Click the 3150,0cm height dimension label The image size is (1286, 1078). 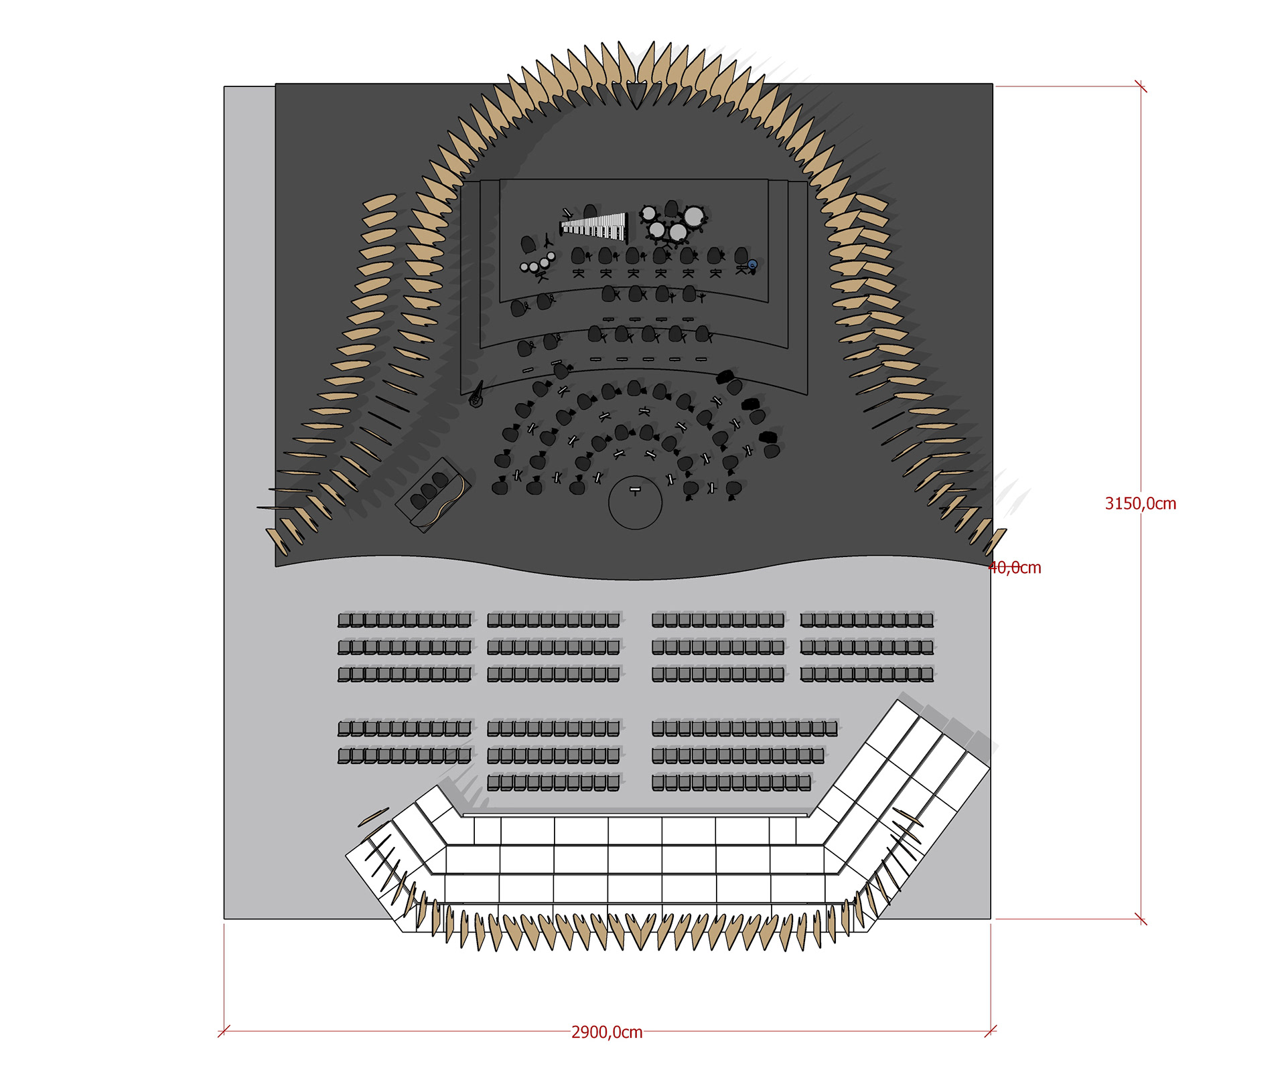click(x=1140, y=504)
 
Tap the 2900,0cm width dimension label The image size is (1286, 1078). click(x=607, y=1032)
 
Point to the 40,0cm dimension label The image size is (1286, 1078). click(x=1016, y=568)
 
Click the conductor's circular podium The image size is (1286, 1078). click(x=635, y=503)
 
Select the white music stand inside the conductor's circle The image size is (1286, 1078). click(x=635, y=490)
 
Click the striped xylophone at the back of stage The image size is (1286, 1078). click(x=594, y=226)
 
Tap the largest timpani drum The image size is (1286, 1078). click(x=693, y=216)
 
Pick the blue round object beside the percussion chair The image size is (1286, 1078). click(x=752, y=265)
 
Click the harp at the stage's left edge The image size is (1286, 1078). click(x=477, y=395)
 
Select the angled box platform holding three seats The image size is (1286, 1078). click(x=432, y=494)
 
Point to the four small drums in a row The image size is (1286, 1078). click(x=538, y=264)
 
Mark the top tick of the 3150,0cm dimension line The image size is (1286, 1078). click(x=1141, y=86)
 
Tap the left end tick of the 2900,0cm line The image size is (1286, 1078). click(x=224, y=1031)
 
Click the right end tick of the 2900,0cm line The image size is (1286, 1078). click(x=991, y=1031)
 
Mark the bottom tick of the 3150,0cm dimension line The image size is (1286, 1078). click(x=1141, y=919)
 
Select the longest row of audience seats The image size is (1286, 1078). click(x=744, y=728)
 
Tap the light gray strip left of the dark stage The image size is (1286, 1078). click(x=249, y=321)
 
